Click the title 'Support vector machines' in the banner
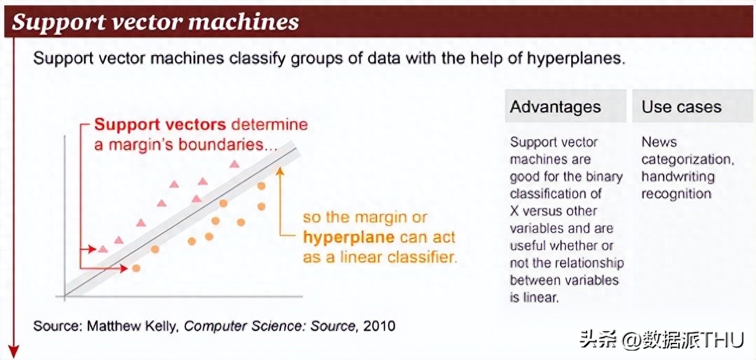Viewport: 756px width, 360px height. [155, 22]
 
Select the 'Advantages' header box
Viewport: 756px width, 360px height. [566, 106]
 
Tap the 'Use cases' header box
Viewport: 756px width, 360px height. [693, 106]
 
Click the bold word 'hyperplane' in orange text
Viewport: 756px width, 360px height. [348, 237]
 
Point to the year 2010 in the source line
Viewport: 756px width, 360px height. [379, 326]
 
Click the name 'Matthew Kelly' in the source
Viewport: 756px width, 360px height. [132, 326]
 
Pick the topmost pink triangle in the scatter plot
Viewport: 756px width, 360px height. [235, 165]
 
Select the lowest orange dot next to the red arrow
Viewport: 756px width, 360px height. [136, 269]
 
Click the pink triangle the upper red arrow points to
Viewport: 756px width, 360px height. [103, 249]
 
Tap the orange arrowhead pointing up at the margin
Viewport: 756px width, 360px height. [280, 171]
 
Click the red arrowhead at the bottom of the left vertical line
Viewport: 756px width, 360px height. [14, 352]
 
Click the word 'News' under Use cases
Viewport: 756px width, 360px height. [659, 142]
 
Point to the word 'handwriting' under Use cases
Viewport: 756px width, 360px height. [678, 176]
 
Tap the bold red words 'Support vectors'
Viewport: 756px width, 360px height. [160, 125]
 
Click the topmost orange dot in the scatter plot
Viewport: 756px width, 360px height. [261, 186]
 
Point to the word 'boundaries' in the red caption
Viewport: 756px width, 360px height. [221, 144]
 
